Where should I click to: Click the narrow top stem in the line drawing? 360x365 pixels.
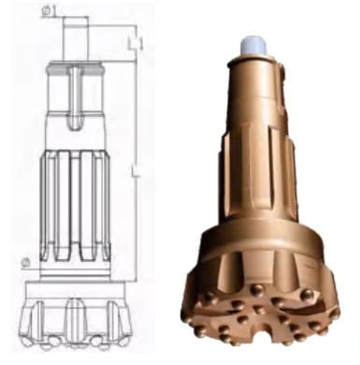tap(75, 37)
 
